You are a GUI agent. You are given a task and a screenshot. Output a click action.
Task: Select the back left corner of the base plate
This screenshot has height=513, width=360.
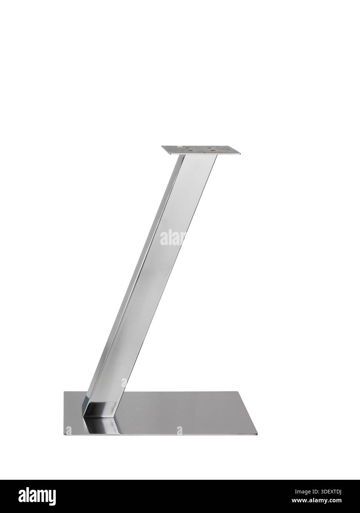pyautogui.click(x=65, y=392)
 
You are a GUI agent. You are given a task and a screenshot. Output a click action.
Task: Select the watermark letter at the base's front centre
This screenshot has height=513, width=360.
pyautogui.click(x=179, y=430)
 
